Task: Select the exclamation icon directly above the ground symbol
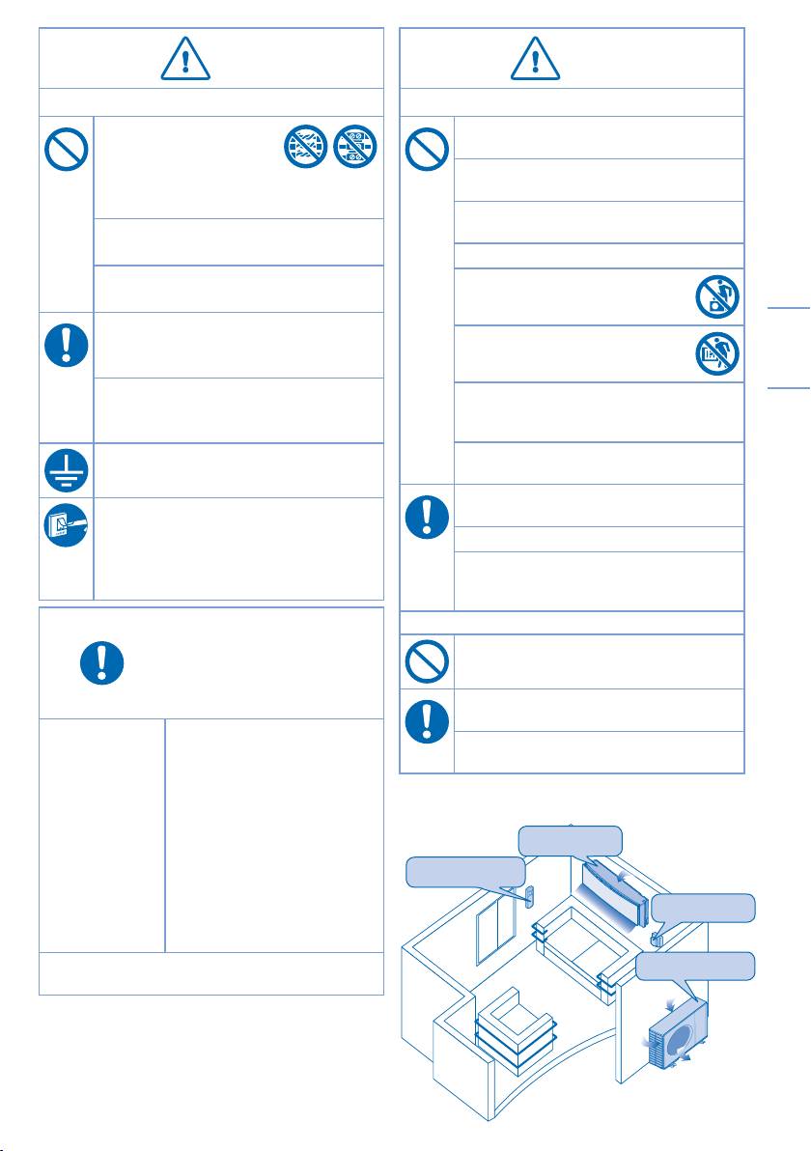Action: click(x=67, y=343)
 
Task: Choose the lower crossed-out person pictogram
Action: click(x=716, y=354)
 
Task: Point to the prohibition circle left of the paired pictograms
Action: click(x=67, y=150)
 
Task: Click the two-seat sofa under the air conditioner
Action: click(x=576, y=951)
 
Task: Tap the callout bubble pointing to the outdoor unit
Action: click(x=695, y=966)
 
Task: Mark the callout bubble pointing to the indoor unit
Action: click(x=570, y=840)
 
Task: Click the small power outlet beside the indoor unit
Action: click(x=658, y=937)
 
